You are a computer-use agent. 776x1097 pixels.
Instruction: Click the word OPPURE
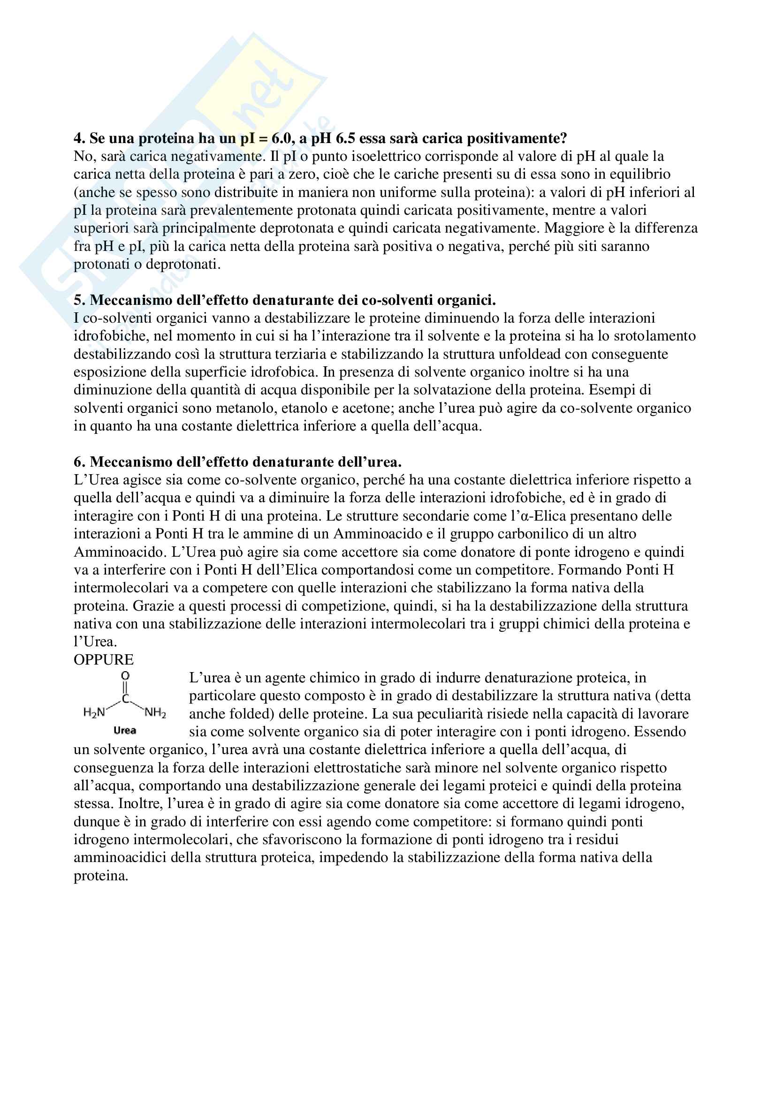point(103,660)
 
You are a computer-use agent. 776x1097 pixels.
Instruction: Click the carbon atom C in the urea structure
point(125,699)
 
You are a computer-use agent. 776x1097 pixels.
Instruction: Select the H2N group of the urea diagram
point(94,713)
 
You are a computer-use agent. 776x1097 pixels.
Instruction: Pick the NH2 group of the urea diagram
point(155,713)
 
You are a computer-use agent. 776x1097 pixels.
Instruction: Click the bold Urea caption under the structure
point(125,731)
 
